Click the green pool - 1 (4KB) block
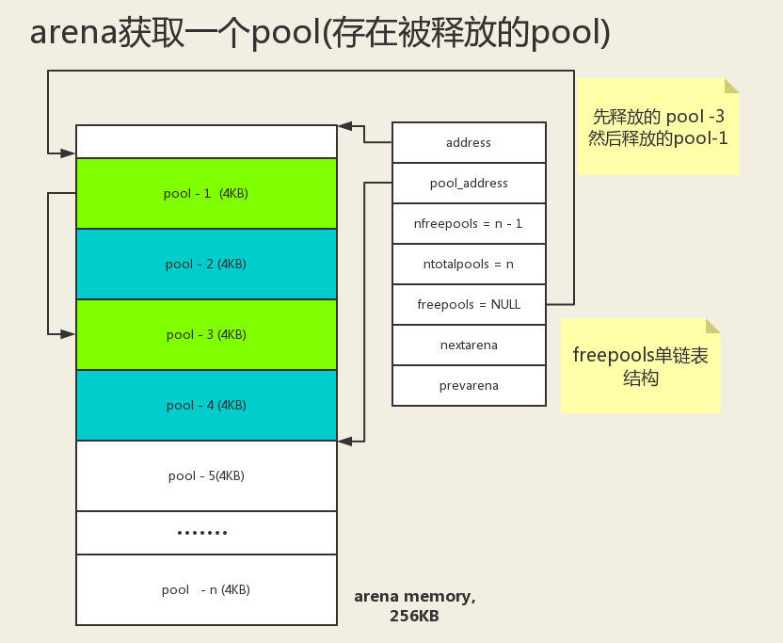click(206, 193)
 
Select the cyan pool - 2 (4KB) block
click(206, 264)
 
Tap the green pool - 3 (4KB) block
click(206, 334)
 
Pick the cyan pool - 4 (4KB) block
click(206, 405)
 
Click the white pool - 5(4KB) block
click(206, 475)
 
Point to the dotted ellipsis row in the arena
click(203, 533)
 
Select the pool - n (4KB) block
click(206, 589)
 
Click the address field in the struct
click(469, 142)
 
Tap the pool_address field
click(469, 183)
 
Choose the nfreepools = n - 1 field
click(469, 224)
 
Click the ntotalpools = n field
click(469, 265)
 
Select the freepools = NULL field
click(469, 304)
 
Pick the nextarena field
click(469, 345)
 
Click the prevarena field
click(469, 385)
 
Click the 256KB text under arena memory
click(414, 617)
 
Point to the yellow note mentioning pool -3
click(658, 127)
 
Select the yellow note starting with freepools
click(640, 366)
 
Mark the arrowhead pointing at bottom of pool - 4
click(345, 440)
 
